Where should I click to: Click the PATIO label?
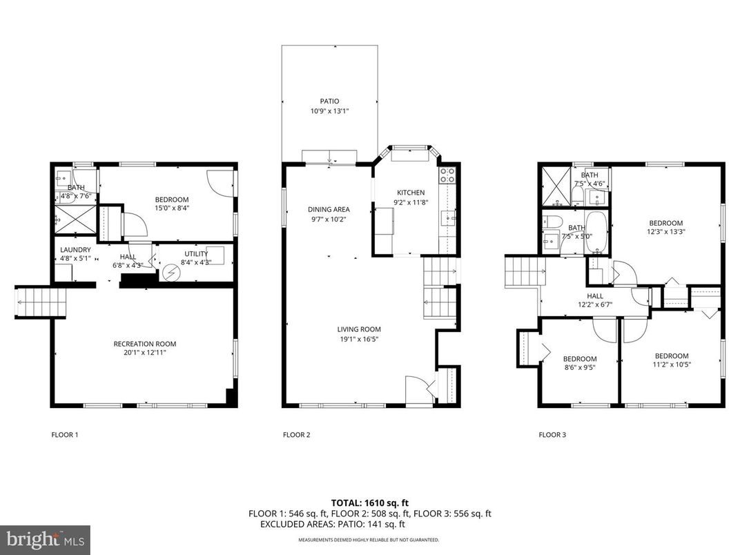click(329, 101)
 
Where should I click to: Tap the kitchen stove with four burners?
click(447, 175)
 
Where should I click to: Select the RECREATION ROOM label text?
click(144, 344)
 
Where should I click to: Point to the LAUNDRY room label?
click(75, 250)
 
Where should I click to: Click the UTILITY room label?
click(195, 254)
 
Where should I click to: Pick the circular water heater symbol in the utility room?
click(170, 272)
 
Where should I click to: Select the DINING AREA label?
click(329, 209)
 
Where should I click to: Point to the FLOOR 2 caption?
click(297, 435)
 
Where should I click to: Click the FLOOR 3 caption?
click(552, 435)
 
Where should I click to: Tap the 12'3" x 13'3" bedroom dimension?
click(665, 232)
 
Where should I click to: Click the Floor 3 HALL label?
click(595, 295)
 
